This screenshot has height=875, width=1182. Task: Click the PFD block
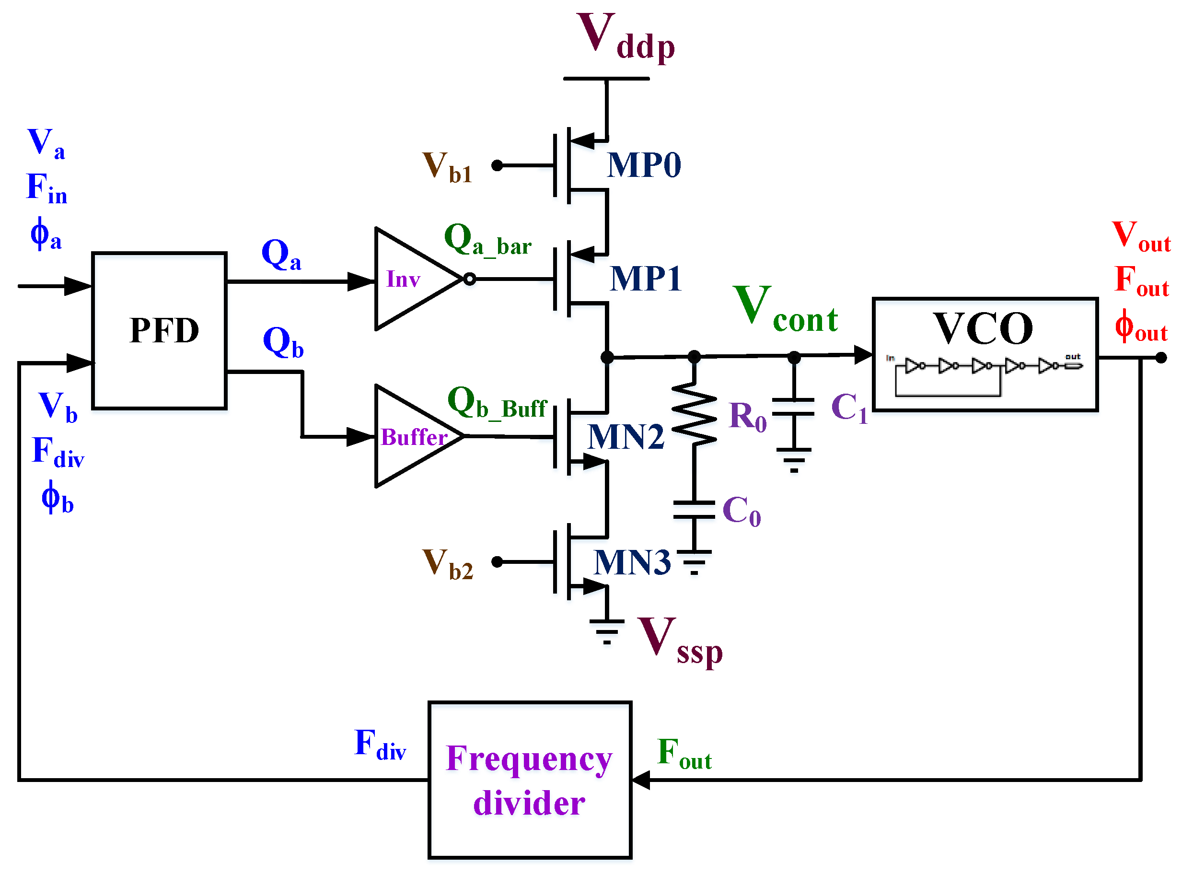click(160, 330)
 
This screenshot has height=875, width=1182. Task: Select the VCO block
click(985, 354)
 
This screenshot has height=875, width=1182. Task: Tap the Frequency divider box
click(530, 780)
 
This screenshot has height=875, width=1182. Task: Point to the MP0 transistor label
click(643, 165)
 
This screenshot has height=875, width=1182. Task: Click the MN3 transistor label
click(632, 562)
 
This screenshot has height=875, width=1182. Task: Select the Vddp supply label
click(625, 37)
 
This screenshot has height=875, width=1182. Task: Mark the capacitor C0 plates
click(694, 510)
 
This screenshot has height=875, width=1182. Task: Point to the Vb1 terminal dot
click(497, 166)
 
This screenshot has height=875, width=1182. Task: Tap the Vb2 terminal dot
click(497, 562)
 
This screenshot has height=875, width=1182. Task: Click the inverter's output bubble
click(469, 279)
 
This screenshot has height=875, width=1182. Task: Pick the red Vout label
click(1140, 236)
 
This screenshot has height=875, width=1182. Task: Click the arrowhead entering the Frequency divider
click(641, 780)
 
